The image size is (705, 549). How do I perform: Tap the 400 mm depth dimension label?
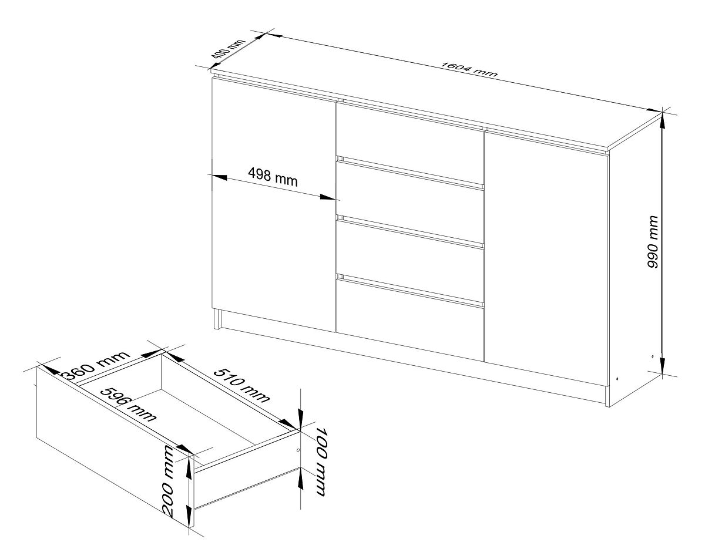point(228,53)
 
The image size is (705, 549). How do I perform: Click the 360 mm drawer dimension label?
point(96,365)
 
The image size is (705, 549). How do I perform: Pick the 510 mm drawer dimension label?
point(241,385)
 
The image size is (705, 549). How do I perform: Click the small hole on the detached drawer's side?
point(297,450)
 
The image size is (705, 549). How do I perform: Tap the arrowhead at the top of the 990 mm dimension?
point(662,122)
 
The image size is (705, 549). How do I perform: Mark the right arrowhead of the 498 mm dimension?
point(327,197)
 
